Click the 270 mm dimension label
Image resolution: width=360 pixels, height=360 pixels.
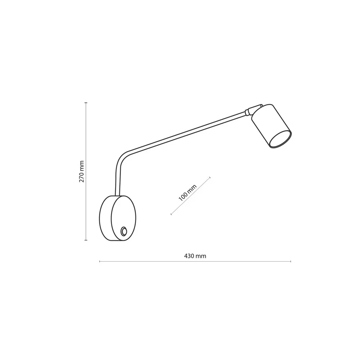click(x=81, y=171)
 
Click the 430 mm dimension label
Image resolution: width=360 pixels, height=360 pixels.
click(x=195, y=256)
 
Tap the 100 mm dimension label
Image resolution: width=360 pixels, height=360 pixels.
click(x=188, y=193)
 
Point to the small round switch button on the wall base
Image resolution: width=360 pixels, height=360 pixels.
click(x=124, y=231)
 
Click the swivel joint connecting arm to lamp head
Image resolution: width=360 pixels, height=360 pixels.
click(x=253, y=110)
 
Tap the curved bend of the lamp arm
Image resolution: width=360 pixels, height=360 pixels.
click(x=122, y=158)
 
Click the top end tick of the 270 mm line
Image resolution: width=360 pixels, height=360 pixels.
click(x=86, y=103)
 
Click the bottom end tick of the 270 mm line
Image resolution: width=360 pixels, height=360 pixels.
click(x=86, y=240)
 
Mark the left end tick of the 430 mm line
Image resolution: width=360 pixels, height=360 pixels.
click(x=99, y=261)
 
